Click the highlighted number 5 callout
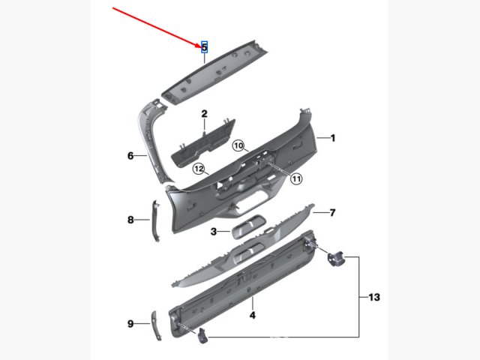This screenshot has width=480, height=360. click(x=204, y=47)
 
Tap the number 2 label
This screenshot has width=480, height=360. click(x=204, y=114)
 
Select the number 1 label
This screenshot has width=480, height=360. click(x=333, y=138)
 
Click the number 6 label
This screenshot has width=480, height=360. click(x=130, y=156)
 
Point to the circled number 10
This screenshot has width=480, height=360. click(x=238, y=145)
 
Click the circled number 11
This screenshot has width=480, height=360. click(x=296, y=178)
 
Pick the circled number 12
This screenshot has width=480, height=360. click(x=199, y=169)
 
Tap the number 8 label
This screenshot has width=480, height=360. click(x=130, y=220)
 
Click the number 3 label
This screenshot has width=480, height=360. click(x=214, y=232)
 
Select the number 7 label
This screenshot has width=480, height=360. click(x=332, y=212)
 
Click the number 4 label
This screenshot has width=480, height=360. click(x=252, y=315)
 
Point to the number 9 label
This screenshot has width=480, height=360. click(x=130, y=323)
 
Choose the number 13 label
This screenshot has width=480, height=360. click(x=374, y=297)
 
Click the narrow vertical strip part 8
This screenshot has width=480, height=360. click(x=156, y=221)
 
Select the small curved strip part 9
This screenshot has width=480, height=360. click(x=156, y=325)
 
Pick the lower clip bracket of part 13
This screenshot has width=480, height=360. click(x=202, y=335)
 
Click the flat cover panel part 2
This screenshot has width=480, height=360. click(x=203, y=144)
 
